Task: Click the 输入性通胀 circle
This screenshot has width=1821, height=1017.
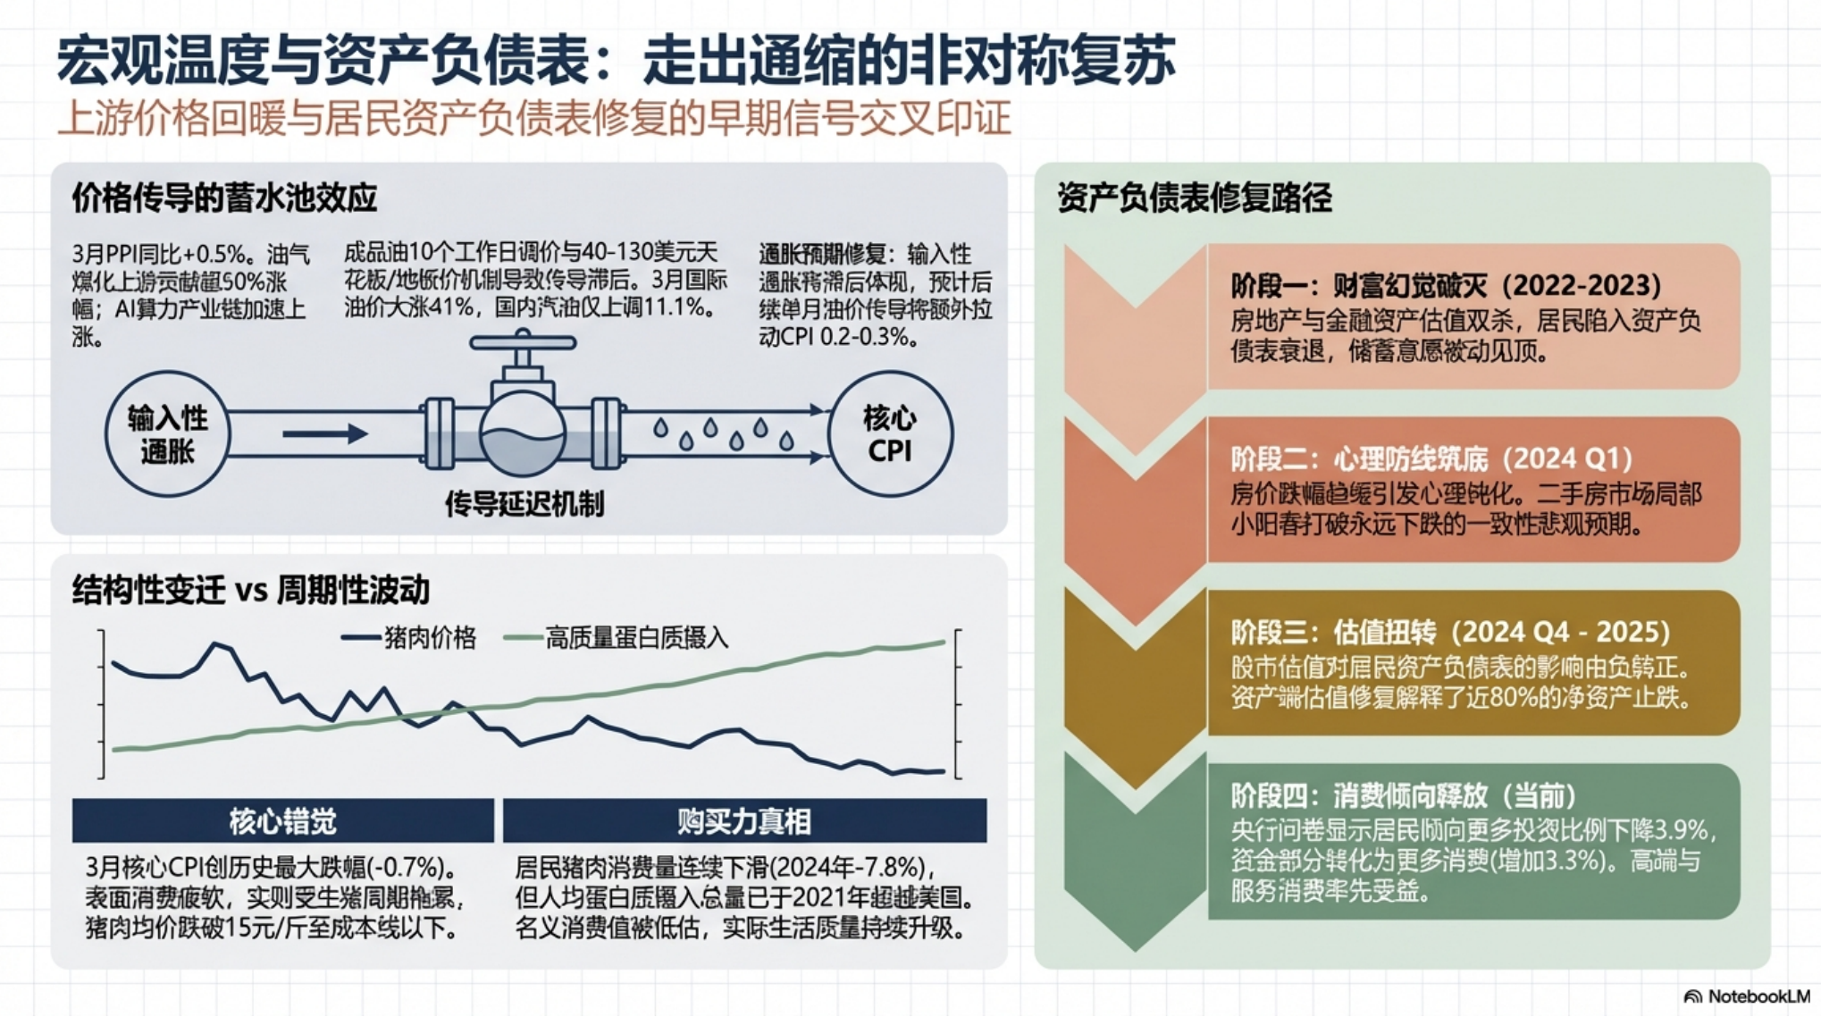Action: pyautogui.click(x=167, y=434)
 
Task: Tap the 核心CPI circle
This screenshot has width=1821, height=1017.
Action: pyautogui.click(x=889, y=434)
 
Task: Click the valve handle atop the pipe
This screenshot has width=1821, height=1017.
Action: pyautogui.click(x=523, y=342)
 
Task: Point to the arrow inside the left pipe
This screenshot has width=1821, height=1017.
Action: pyautogui.click(x=324, y=434)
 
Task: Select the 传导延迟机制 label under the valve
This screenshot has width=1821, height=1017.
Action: pyautogui.click(x=524, y=505)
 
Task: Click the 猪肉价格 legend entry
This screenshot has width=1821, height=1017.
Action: pyautogui.click(x=410, y=638)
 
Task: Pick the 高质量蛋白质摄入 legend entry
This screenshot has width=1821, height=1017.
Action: pyautogui.click(x=617, y=638)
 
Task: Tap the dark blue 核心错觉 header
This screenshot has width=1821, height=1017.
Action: pyautogui.click(x=282, y=821)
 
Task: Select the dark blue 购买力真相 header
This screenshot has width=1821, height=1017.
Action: pyautogui.click(x=744, y=821)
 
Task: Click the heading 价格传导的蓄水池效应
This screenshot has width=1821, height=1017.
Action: pyautogui.click(x=224, y=198)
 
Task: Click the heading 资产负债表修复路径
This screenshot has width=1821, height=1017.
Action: pyautogui.click(x=1194, y=198)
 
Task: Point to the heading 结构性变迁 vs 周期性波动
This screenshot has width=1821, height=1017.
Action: pyautogui.click(x=251, y=590)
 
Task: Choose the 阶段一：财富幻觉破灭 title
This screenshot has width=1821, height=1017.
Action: pyautogui.click(x=1446, y=286)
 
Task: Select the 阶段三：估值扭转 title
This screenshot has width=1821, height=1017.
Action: pyautogui.click(x=1449, y=633)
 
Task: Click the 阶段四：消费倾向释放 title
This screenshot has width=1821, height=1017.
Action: pyautogui.click(x=1403, y=795)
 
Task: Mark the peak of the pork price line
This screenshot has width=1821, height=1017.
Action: pyautogui.click(x=215, y=643)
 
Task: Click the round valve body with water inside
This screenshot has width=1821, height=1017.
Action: pyautogui.click(x=523, y=434)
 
